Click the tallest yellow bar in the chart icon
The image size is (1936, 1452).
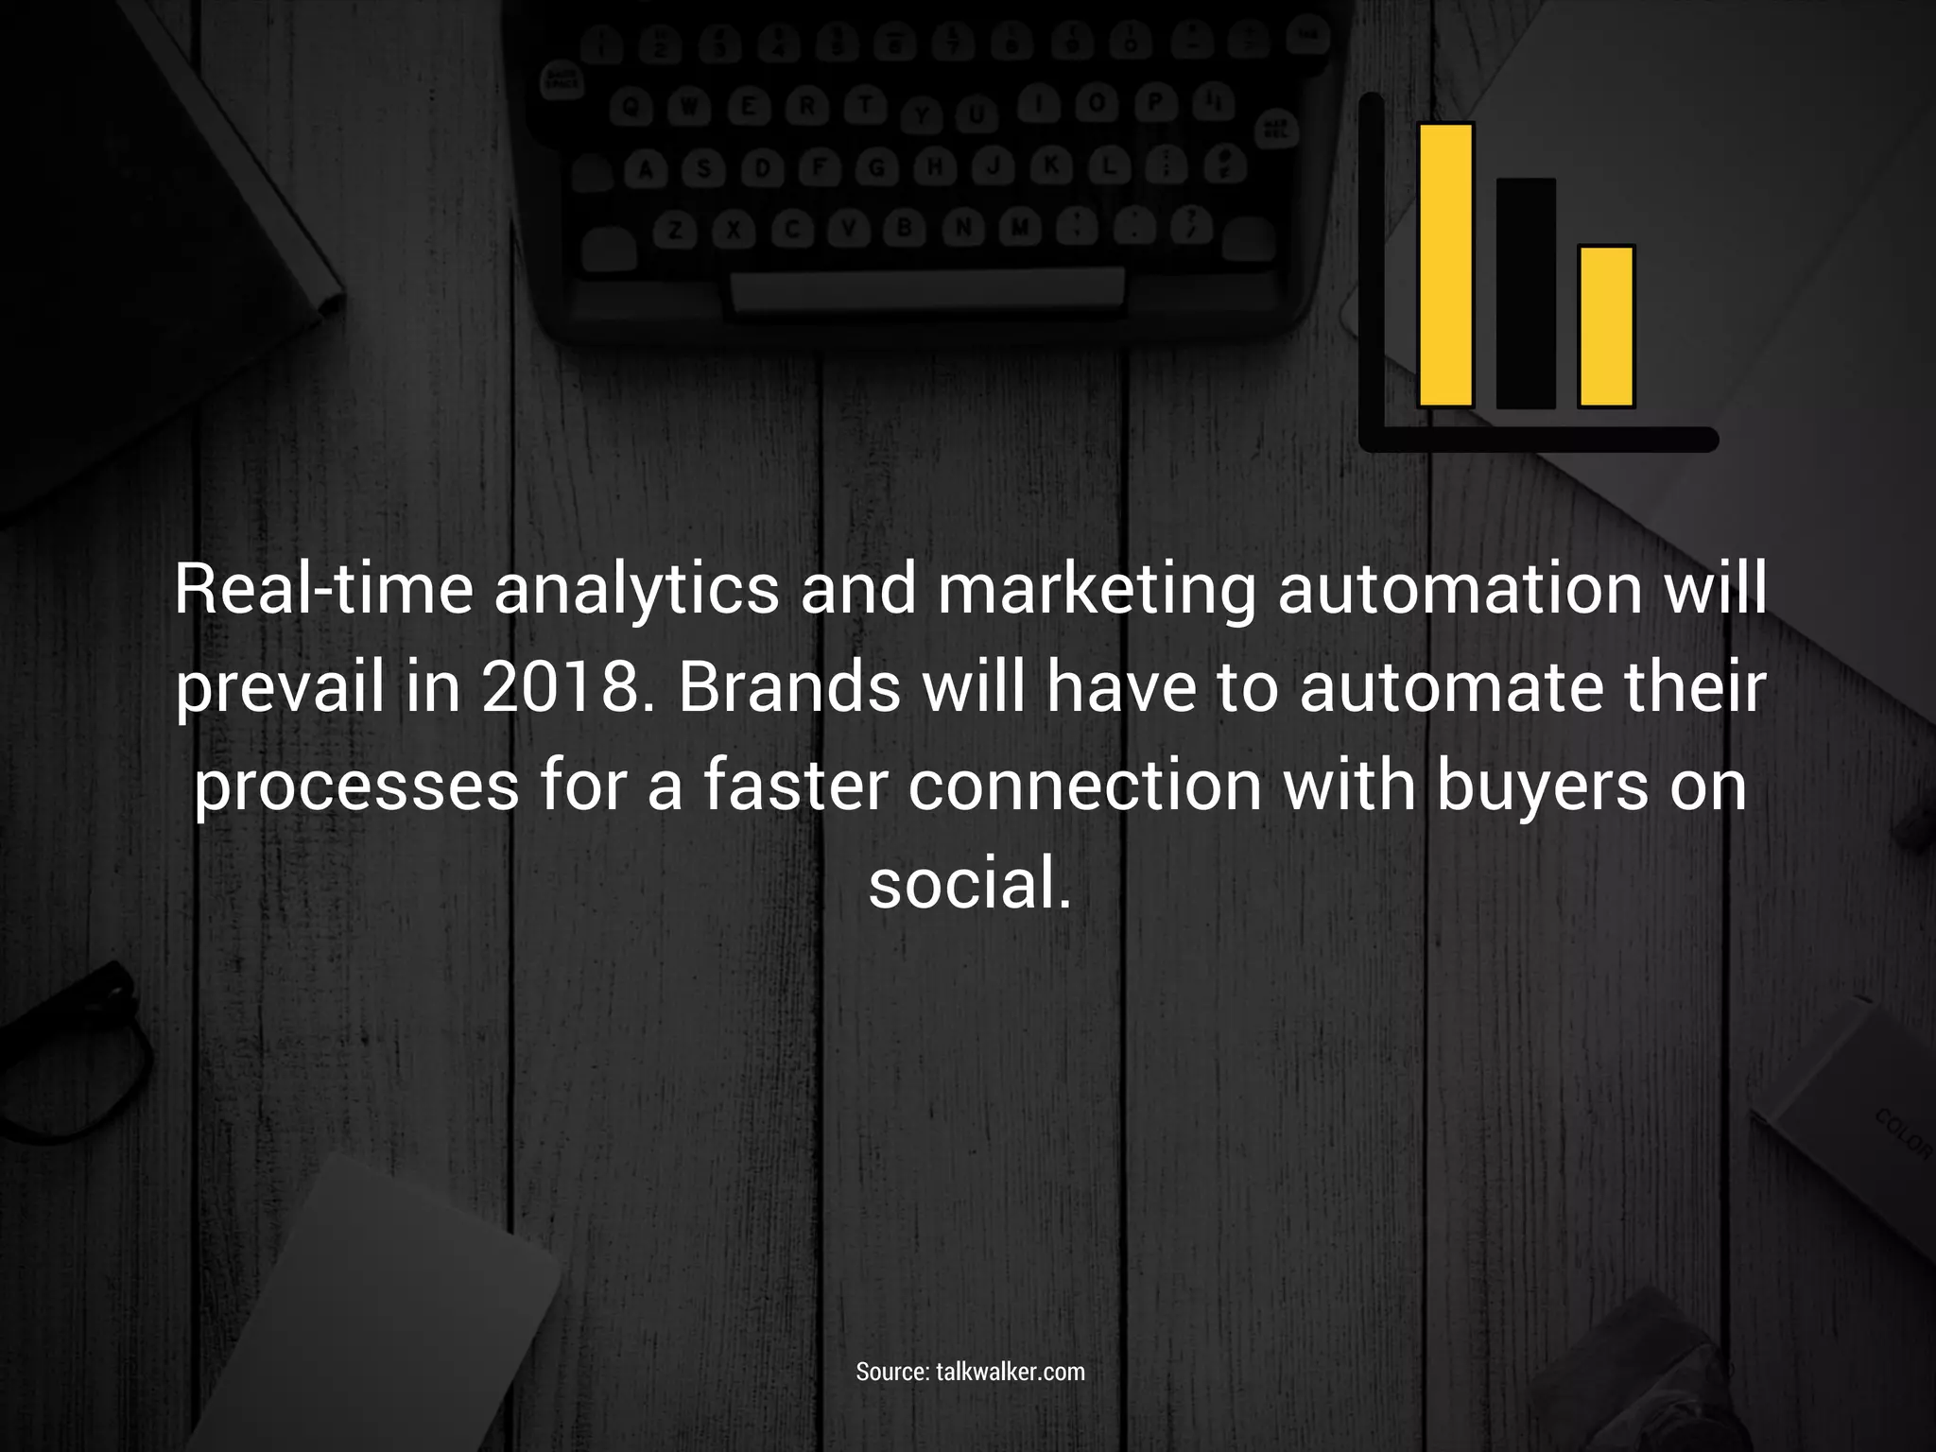pyautogui.click(x=1445, y=265)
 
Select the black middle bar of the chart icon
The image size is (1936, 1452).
pyautogui.click(x=1525, y=293)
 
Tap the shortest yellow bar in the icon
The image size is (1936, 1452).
pyautogui.click(x=1606, y=326)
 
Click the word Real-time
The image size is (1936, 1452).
pyautogui.click(x=323, y=590)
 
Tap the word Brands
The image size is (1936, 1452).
pyautogui.click(x=789, y=688)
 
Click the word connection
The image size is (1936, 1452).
pyautogui.click(x=1084, y=786)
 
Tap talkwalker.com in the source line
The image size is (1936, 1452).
pyautogui.click(x=1011, y=1372)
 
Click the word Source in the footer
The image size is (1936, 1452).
pyautogui.click(x=892, y=1372)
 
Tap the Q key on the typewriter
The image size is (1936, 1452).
pyautogui.click(x=632, y=110)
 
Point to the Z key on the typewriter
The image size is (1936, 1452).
pyautogui.click(x=675, y=230)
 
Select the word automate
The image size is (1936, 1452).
pyautogui.click(x=1452, y=688)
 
